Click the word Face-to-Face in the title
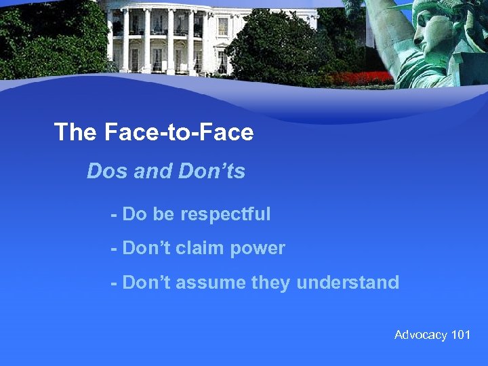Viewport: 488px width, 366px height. tap(179, 132)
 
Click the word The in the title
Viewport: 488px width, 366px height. tap(76, 132)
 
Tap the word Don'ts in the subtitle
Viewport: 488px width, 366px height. tap(211, 171)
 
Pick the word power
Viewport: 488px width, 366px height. tap(258, 249)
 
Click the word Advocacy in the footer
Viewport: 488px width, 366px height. tap(420, 335)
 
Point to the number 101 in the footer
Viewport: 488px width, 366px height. tap(460, 335)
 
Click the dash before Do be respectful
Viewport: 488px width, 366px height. tap(115, 216)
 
